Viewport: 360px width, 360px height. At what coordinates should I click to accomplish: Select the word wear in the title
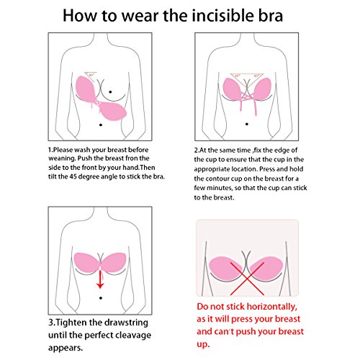[140, 17]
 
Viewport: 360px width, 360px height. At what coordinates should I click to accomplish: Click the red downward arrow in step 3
[100, 279]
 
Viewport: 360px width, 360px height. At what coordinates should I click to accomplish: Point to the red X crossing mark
[247, 279]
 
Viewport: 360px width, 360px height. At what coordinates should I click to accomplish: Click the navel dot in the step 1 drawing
[101, 125]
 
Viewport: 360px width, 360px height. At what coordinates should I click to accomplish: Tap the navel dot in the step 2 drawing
[247, 124]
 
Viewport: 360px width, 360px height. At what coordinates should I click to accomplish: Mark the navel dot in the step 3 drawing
[101, 298]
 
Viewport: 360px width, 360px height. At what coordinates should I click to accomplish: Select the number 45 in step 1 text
[73, 176]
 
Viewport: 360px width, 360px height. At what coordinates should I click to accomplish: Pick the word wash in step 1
[82, 150]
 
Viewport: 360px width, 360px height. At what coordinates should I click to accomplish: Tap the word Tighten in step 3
[71, 323]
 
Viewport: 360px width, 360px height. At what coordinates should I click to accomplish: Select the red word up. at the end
[203, 345]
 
